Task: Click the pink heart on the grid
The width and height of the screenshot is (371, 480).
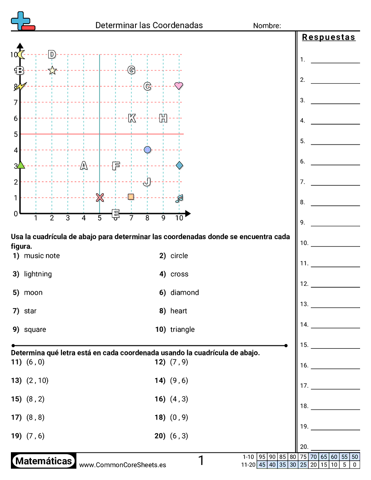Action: point(179,85)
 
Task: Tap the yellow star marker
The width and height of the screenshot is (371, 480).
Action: point(52,70)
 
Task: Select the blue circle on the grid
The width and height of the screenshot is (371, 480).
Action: point(147,150)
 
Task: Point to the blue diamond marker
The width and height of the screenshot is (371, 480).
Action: point(179,165)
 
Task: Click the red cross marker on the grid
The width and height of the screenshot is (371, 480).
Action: point(100,197)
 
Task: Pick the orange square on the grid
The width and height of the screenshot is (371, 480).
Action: point(131,197)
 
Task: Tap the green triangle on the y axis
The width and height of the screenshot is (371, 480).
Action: point(20,165)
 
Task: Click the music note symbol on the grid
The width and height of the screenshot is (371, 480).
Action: point(179,198)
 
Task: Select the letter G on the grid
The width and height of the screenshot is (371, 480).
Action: point(131,70)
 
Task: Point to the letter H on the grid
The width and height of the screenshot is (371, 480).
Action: point(163,118)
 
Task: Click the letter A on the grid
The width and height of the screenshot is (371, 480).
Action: point(84,165)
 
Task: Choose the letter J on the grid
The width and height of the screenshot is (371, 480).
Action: point(147,182)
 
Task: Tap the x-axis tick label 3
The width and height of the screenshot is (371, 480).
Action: point(68,218)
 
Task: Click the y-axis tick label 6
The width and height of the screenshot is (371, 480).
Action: point(15,118)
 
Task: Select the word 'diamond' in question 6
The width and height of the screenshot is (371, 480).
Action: point(185,293)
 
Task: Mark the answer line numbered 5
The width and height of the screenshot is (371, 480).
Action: point(335,144)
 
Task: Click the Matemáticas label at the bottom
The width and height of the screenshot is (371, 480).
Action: point(44,461)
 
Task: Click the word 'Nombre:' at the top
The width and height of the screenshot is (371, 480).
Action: point(267,26)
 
